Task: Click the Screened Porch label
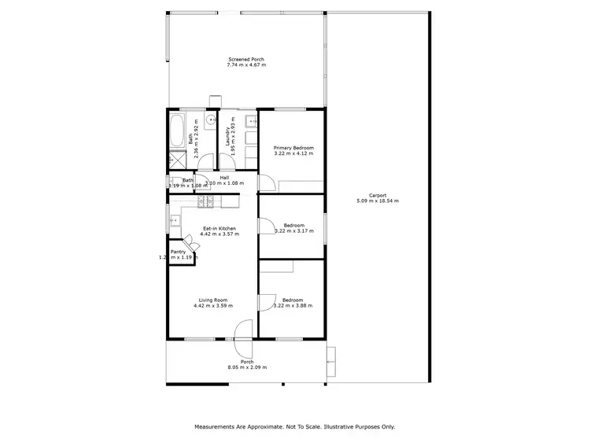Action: point(246,60)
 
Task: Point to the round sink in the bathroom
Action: point(211,120)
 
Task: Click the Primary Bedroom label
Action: point(293,148)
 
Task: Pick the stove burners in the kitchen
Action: point(206,202)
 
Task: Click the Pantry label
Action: point(179,252)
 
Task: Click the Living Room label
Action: point(214,300)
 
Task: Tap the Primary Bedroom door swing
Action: point(267,181)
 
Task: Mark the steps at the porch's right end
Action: point(331,359)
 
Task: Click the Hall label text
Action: point(224,178)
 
